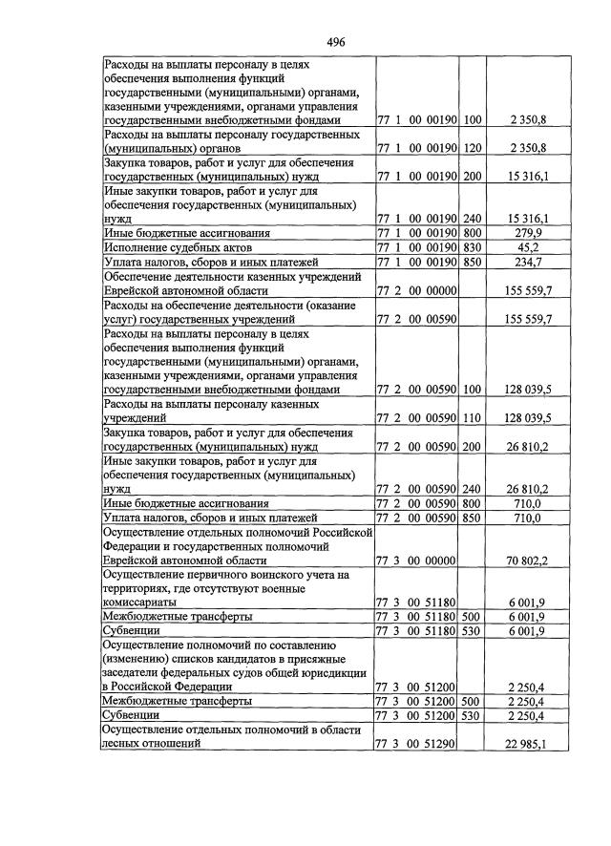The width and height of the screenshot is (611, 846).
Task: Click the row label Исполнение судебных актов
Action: tap(170, 247)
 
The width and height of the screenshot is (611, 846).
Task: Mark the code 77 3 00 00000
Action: tap(417, 560)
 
